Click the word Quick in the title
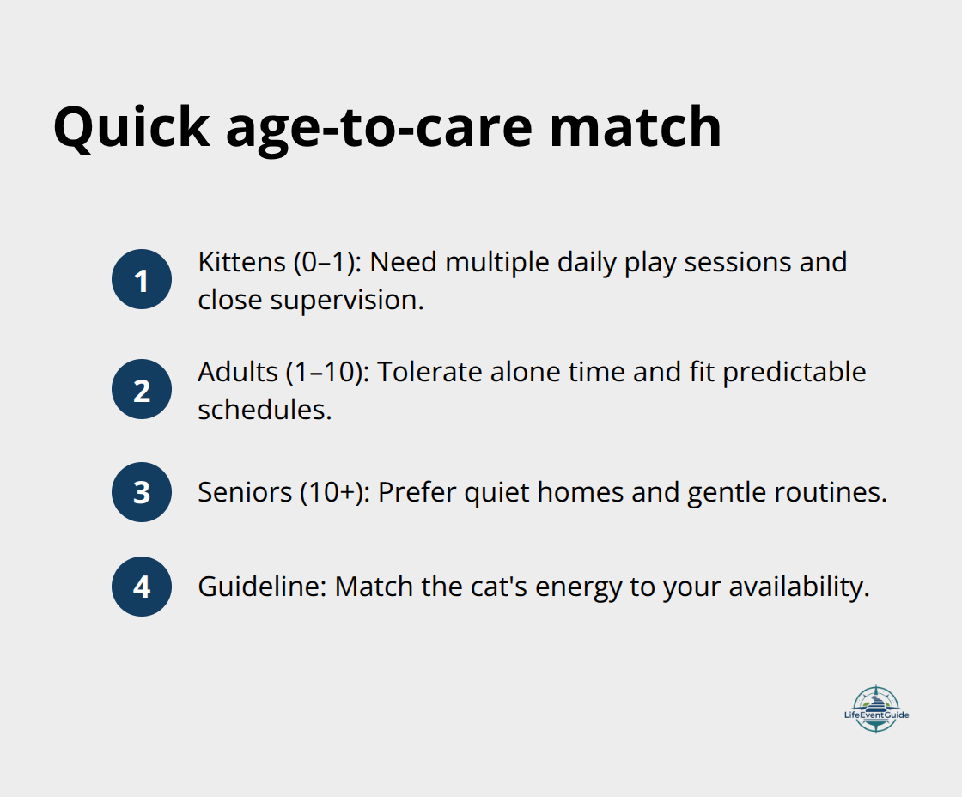pyautogui.click(x=131, y=127)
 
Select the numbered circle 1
pyautogui.click(x=142, y=280)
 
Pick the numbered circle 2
pyautogui.click(x=142, y=390)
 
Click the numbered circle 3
pyautogui.click(x=142, y=492)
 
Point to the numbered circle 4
pyautogui.click(x=142, y=587)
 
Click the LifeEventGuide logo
pyautogui.click(x=875, y=709)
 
